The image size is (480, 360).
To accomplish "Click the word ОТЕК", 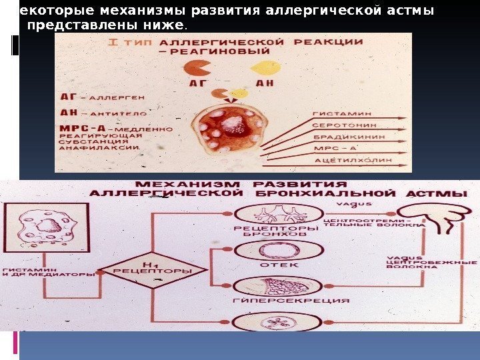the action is point(267,265).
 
